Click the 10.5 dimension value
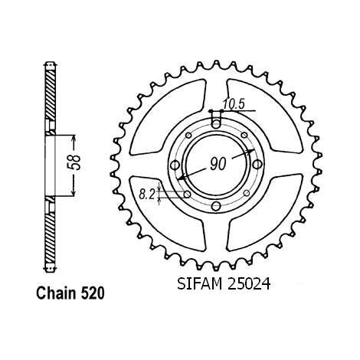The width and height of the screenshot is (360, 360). pos(234,104)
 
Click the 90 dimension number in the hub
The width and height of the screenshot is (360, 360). pos(218,164)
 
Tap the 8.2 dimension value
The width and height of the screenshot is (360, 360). pos(147,195)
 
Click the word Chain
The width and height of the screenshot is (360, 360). pos(56,293)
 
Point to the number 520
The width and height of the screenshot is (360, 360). pos(92,293)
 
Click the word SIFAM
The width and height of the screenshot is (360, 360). pos(200,283)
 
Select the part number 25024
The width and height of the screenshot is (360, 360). pos(248,283)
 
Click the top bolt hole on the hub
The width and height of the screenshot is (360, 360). pos(216,125)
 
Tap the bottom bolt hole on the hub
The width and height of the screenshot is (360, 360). pos(216,206)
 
